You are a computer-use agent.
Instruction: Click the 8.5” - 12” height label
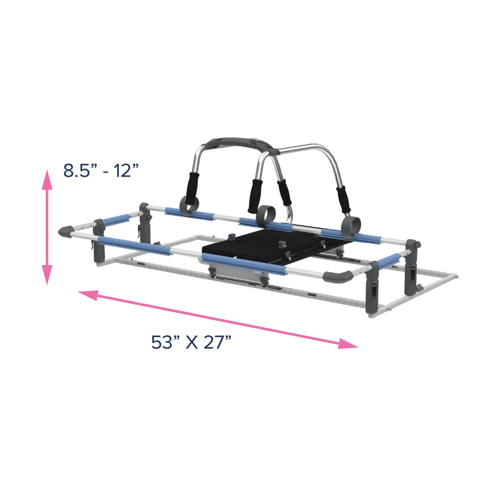101,170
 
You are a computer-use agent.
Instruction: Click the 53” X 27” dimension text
191,342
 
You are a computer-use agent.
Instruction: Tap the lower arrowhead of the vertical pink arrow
47,275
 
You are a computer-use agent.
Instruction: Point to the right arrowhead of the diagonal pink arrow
347,344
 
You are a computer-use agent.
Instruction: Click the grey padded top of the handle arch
242,145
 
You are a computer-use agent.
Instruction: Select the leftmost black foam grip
193,188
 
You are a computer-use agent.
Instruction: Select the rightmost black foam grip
343,199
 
